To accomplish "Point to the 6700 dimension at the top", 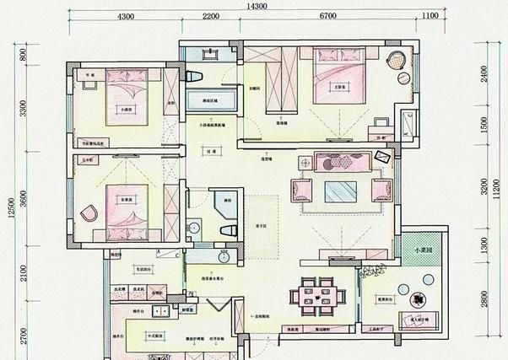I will (327, 16).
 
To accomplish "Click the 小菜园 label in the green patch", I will (422, 250).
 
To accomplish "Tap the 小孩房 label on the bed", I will (127, 109).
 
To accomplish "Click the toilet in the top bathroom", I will (197, 77).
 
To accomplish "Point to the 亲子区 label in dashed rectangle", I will (251, 226).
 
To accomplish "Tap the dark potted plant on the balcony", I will (417, 298).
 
